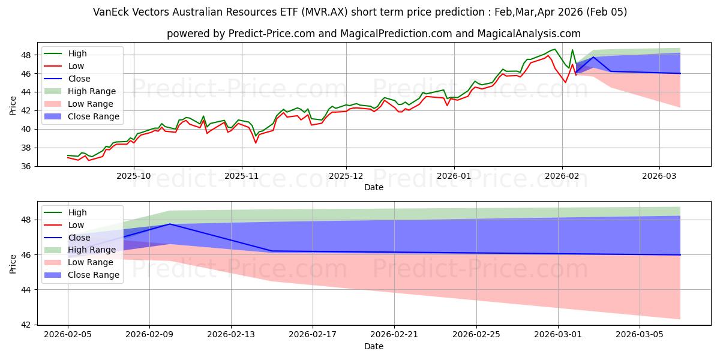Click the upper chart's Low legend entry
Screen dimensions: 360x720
(x=76, y=66)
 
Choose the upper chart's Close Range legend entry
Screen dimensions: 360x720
(x=94, y=116)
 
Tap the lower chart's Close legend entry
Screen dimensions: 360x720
(x=79, y=238)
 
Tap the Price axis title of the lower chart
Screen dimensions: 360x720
(x=13, y=262)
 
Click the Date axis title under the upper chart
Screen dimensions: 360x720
(x=374, y=188)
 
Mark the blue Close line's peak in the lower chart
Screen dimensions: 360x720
(x=170, y=224)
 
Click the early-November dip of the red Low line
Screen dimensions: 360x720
(x=256, y=143)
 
